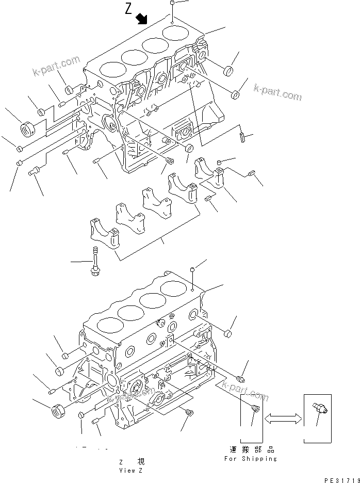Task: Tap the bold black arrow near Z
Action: [141, 20]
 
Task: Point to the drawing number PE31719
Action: [340, 478]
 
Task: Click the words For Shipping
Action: [250, 458]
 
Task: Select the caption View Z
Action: [127, 470]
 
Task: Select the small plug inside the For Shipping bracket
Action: [254, 409]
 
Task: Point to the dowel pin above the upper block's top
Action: [171, 4]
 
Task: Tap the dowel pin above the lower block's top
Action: [192, 269]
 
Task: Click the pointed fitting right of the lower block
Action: [240, 379]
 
